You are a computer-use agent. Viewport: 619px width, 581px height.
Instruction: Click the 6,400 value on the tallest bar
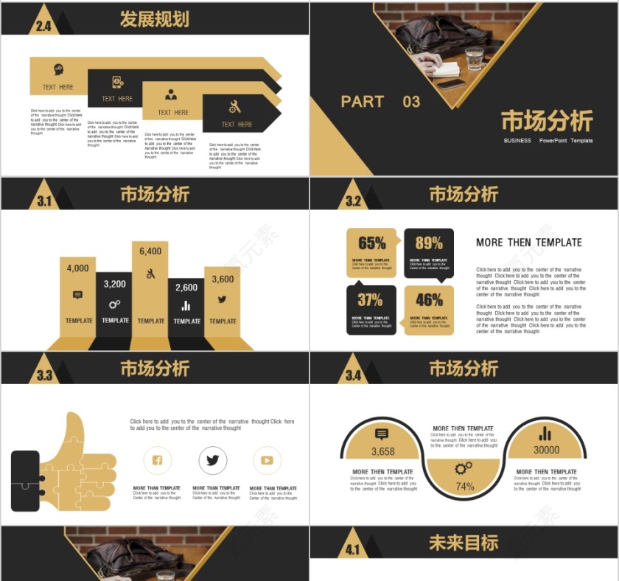(x=150, y=251)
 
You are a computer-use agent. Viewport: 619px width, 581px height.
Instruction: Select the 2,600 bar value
(x=186, y=288)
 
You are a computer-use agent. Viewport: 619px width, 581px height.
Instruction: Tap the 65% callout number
(x=371, y=243)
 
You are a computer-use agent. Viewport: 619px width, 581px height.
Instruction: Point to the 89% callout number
(x=429, y=243)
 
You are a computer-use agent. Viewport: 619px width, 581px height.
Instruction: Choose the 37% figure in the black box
(x=370, y=300)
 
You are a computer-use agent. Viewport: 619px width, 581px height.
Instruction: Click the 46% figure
(x=429, y=300)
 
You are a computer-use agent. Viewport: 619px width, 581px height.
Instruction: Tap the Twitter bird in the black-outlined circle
(x=213, y=461)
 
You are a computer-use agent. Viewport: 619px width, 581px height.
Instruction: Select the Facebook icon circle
(x=157, y=461)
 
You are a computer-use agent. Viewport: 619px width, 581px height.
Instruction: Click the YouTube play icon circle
(x=267, y=461)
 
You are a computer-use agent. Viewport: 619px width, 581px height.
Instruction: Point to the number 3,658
(x=382, y=452)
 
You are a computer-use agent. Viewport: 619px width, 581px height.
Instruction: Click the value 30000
(x=546, y=450)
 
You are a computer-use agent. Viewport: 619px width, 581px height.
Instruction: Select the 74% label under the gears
(x=464, y=487)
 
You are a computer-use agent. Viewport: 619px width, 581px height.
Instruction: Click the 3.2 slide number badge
(x=353, y=201)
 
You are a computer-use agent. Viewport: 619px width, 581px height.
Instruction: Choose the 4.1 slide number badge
(x=353, y=549)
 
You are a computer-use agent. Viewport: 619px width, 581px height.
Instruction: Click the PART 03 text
(x=380, y=102)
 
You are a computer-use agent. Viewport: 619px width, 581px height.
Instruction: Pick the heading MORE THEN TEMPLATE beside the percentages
(x=528, y=243)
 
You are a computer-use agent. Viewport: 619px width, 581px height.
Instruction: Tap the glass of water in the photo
(x=474, y=58)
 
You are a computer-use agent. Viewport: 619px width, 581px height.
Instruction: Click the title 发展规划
(x=154, y=20)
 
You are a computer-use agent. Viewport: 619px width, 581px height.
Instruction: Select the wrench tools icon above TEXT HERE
(x=234, y=106)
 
